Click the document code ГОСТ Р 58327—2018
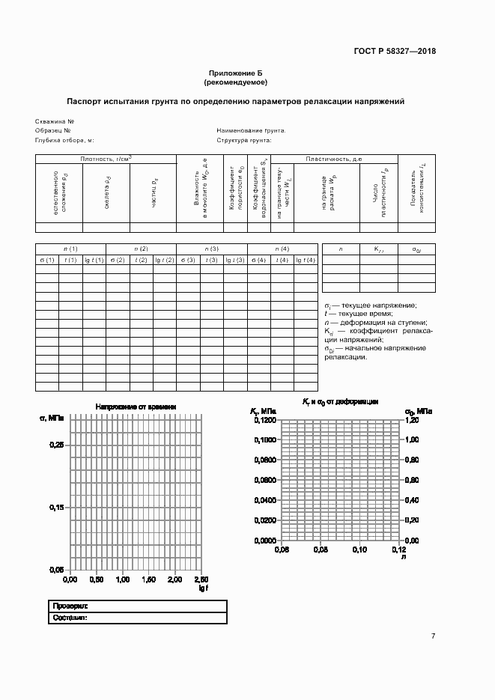[x=395, y=51]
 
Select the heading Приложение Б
[x=236, y=73]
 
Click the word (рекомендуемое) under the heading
[x=236, y=82]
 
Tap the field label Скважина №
[x=54, y=121]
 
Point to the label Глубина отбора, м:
[x=64, y=140]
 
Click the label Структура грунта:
[x=244, y=140]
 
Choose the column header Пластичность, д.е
[x=334, y=159]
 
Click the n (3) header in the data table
[x=212, y=249]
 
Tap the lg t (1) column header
[x=94, y=260]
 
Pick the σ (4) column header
[x=259, y=260]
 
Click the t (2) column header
[x=141, y=260]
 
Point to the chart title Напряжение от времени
[x=136, y=407]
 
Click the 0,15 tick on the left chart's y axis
[x=56, y=508]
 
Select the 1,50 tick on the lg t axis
[x=148, y=579]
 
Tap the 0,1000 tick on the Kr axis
[x=265, y=440]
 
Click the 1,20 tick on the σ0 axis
[x=412, y=421]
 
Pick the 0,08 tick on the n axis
[x=321, y=550]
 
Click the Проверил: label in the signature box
[x=70, y=605]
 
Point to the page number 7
[x=433, y=636]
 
